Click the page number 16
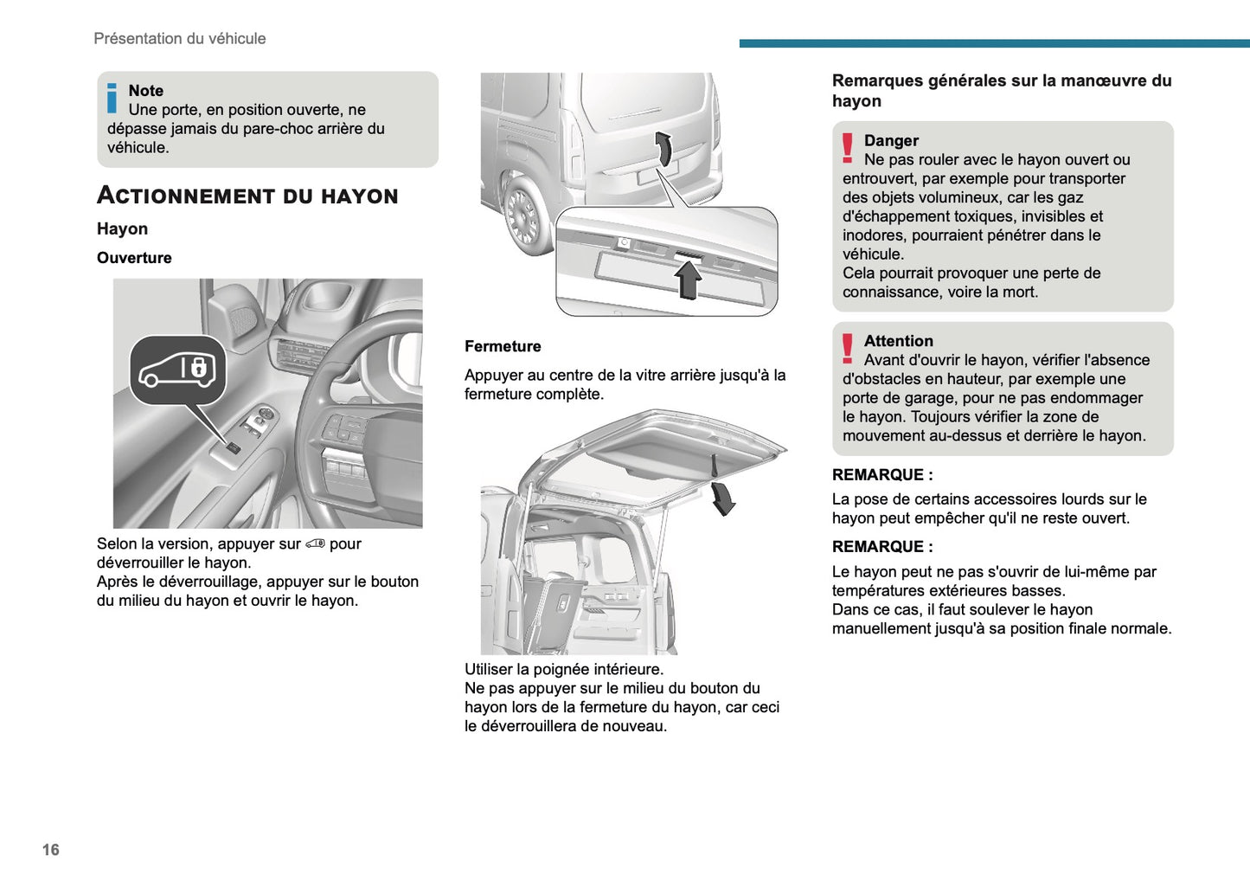pyautogui.click(x=51, y=850)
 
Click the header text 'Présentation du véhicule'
pyautogui.click(x=180, y=39)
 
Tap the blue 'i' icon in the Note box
pyautogui.click(x=112, y=98)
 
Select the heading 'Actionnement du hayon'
pyautogui.click(x=247, y=196)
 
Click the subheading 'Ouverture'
pyautogui.click(x=134, y=258)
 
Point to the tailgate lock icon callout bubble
pyautogui.click(x=178, y=370)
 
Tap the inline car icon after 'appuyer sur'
pyautogui.click(x=315, y=543)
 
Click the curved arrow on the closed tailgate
pyautogui.click(x=663, y=148)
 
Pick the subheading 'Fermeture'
pyautogui.click(x=503, y=346)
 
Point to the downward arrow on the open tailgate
pyautogui.click(x=722, y=498)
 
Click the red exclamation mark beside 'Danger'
pyautogui.click(x=848, y=148)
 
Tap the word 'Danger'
pyautogui.click(x=891, y=141)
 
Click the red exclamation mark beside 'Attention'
pyautogui.click(x=848, y=349)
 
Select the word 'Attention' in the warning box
pyautogui.click(x=898, y=342)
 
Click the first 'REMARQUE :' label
pyautogui.click(x=882, y=475)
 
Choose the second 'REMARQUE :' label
pyautogui.click(x=882, y=547)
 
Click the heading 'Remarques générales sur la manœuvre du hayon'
pyautogui.click(x=1001, y=91)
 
